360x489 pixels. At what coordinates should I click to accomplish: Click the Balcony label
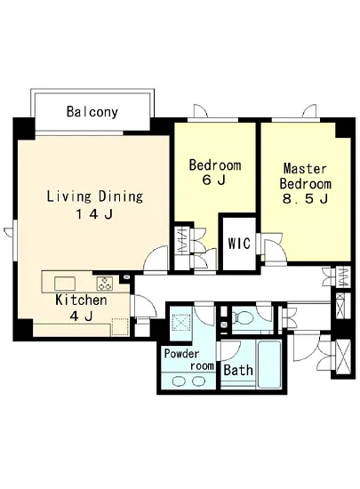92,112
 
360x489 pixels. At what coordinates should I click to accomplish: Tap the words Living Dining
95,196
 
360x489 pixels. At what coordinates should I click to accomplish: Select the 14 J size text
94,214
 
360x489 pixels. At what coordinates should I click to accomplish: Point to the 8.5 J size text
305,198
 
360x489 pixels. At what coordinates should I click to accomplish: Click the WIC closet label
239,244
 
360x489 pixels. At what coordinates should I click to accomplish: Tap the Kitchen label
81,300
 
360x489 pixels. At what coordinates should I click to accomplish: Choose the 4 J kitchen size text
81,317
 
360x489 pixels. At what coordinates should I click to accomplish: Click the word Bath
238,370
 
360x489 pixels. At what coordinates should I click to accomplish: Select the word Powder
181,354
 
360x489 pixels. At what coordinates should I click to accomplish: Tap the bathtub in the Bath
269,364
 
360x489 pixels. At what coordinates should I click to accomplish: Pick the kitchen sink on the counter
65,284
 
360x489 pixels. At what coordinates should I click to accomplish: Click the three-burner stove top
104,284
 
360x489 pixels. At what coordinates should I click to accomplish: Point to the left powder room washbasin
179,381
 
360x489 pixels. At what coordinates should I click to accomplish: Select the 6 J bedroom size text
214,180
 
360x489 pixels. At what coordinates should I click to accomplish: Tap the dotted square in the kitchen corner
120,326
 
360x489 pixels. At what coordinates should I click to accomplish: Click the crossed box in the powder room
181,322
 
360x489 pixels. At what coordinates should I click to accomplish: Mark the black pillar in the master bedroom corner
343,130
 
